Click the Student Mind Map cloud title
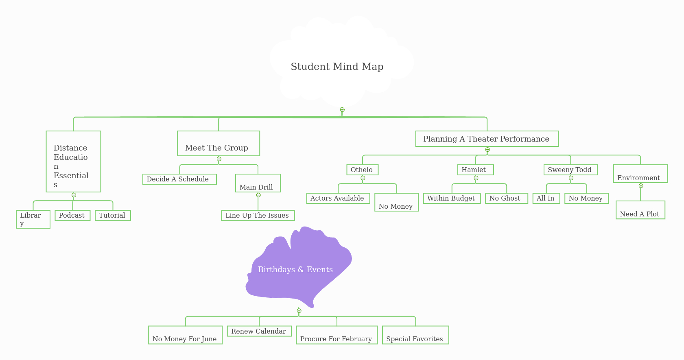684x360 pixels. [337, 67]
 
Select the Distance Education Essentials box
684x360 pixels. [73, 161]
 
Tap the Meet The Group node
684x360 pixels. [219, 144]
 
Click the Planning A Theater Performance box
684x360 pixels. [487, 139]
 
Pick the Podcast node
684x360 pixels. [72, 215]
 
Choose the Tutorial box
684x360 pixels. [113, 215]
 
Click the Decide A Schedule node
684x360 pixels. [179, 179]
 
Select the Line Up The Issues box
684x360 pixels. [258, 215]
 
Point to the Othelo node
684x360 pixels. [362, 170]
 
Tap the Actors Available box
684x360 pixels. [338, 198]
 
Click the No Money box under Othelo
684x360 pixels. [396, 202]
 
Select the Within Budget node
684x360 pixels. [452, 198]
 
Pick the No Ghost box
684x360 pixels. [506, 198]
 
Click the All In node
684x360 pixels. [546, 198]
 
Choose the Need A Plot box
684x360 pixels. [640, 210]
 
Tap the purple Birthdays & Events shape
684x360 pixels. [296, 269]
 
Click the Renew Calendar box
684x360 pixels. [259, 331]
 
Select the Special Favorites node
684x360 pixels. [415, 335]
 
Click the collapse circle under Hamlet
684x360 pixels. [476, 178]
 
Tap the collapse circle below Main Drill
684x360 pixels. [258, 195]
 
